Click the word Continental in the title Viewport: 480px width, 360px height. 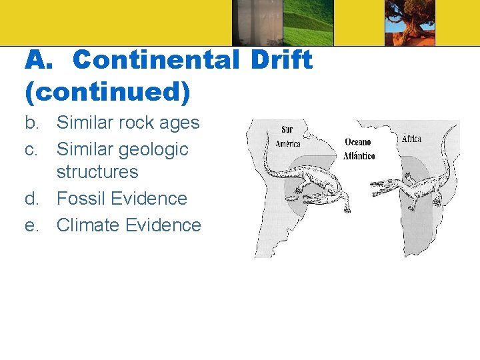156,60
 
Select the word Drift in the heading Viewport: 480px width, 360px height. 281,60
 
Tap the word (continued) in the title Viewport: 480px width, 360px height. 108,92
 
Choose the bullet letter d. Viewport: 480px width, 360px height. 31,199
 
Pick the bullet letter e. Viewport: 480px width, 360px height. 31,225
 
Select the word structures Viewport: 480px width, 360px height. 97,172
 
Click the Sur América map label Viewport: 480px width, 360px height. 287,137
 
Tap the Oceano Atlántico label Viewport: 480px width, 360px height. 359,149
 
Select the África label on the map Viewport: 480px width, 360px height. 411,139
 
